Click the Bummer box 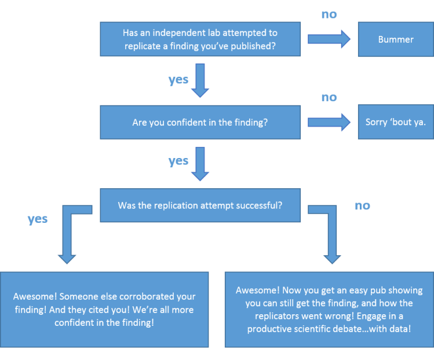395,39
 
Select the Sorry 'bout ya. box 395,122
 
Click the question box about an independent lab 200,39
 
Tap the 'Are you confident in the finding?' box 200,122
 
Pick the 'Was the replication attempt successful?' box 200,205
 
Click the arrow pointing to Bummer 329,39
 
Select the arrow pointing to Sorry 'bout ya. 329,122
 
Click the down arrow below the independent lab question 200,81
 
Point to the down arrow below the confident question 200,164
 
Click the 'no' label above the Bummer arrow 329,14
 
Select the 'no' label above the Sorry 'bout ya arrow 329,97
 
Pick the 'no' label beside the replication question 362,205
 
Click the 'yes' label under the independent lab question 178,80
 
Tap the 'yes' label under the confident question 178,162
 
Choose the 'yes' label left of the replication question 38,219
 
